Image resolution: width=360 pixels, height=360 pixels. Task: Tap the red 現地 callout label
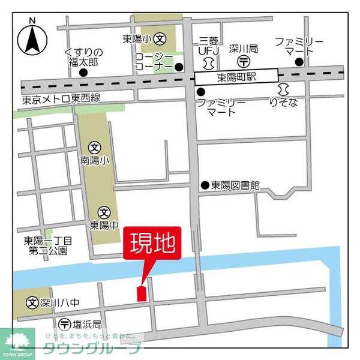(152, 244)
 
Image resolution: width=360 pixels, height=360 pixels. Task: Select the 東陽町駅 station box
(236, 76)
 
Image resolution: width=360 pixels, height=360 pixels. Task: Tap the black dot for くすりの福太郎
(83, 73)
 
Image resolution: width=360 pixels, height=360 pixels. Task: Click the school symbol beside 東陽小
(160, 39)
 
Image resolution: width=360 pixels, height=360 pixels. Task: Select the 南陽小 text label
(95, 161)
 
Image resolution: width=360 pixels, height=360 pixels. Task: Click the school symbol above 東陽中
(104, 212)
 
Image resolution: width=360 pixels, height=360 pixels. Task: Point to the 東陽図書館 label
(236, 186)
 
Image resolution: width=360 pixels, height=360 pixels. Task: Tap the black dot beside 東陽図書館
(205, 186)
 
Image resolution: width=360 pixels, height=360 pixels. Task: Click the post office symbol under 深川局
(244, 61)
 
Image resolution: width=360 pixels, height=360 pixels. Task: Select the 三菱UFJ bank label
(209, 47)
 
